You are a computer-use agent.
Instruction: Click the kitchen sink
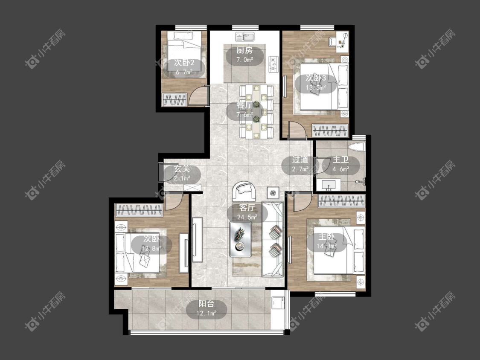pyautogui.click(x=244, y=37)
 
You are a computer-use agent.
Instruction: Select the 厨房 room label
pyautogui.click(x=244, y=50)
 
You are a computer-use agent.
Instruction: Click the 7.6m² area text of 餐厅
pyautogui.click(x=244, y=115)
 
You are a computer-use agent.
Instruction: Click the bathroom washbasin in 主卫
pyautogui.click(x=328, y=185)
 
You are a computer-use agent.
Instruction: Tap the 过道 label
pyautogui.click(x=300, y=160)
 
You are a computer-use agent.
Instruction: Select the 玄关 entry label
pyautogui.click(x=182, y=169)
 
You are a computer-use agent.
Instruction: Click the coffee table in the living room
pyautogui.click(x=241, y=239)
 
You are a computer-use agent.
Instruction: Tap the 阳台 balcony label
pyautogui.click(x=207, y=304)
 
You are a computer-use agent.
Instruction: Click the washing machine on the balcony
pyautogui.click(x=278, y=303)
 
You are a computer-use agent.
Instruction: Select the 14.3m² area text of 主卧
pyautogui.click(x=327, y=246)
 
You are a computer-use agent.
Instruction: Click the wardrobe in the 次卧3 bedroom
pyautogui.click(x=330, y=131)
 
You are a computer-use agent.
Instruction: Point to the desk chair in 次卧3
pyautogui.click(x=332, y=41)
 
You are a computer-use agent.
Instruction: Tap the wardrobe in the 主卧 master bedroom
pyautogui.click(x=341, y=201)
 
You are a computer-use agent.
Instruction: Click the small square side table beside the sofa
pyautogui.click(x=273, y=193)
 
